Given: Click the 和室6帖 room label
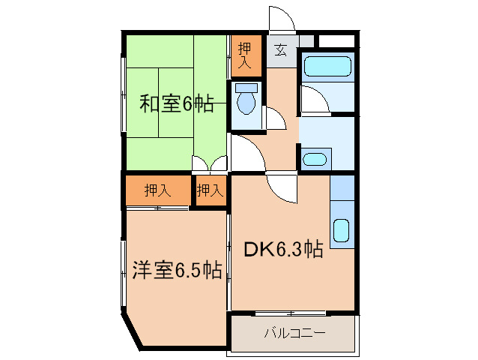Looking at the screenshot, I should (x=177, y=103).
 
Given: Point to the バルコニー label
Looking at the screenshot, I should (x=294, y=333).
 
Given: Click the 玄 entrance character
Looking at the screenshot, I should (x=280, y=51).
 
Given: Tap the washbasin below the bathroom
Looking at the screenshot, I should (x=315, y=159).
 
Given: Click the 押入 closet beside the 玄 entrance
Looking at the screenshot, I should (x=245, y=55).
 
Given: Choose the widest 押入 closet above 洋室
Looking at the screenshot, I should (x=157, y=190).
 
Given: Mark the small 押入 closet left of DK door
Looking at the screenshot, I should (x=210, y=190).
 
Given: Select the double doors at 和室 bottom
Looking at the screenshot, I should (x=209, y=164).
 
